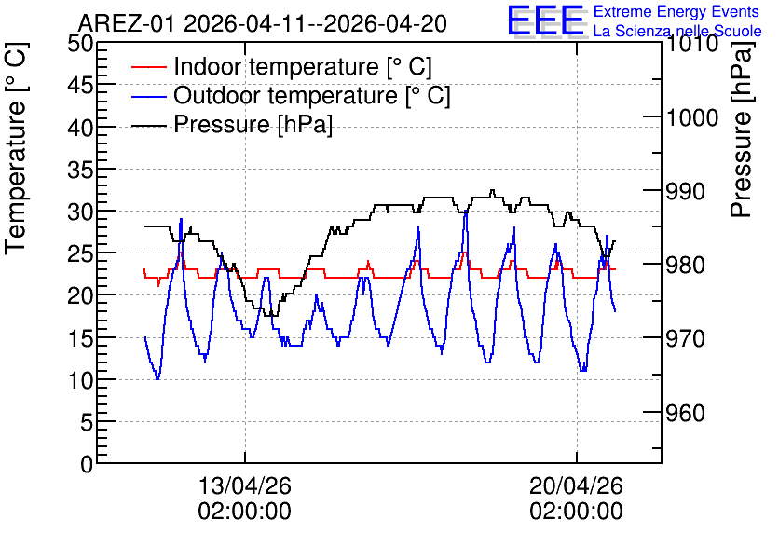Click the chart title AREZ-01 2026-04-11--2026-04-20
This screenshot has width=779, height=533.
point(263,23)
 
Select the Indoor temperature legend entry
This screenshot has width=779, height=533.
point(281,66)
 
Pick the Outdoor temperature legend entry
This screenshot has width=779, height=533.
point(291,95)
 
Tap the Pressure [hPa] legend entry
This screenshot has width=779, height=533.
point(232,124)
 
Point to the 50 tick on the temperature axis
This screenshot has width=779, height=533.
point(80,43)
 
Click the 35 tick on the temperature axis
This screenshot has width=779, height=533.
point(80,170)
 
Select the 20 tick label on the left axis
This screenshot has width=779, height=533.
point(80,296)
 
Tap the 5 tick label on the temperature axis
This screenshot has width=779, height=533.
point(87,423)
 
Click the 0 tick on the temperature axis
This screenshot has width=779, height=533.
point(87,464)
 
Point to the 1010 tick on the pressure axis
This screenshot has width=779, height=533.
point(691,44)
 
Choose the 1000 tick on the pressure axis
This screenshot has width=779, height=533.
point(691,117)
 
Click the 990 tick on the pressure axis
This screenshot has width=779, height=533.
point(685,191)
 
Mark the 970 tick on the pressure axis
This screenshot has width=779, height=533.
point(685,339)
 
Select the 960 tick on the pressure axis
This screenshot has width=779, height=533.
point(685,413)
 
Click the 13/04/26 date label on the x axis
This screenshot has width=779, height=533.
point(244,485)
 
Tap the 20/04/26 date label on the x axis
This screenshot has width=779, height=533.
point(576,485)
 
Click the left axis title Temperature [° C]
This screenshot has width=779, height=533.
point(17,149)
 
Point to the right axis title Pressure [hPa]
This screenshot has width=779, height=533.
point(742,130)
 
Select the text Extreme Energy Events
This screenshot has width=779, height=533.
point(676,11)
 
